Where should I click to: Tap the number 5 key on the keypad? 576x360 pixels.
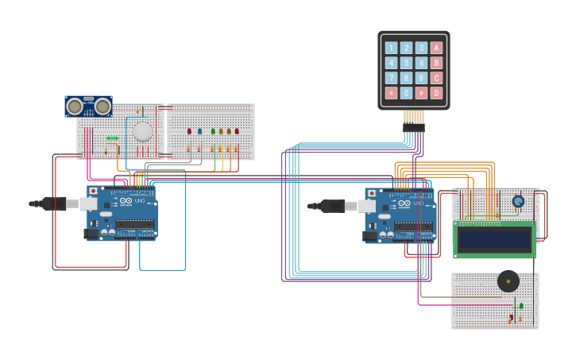(406, 63)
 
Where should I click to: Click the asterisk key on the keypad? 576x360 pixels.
(391, 93)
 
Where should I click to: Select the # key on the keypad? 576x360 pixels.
(421, 93)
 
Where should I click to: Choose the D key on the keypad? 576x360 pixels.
(436, 93)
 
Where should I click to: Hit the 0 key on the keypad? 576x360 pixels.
(406, 93)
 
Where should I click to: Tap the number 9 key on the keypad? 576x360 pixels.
(421, 78)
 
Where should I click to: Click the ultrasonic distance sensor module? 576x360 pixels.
(88, 106)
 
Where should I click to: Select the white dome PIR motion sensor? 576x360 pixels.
(142, 131)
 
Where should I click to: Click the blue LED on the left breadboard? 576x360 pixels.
(199, 131)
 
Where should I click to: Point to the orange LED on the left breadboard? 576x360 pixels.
(229, 131)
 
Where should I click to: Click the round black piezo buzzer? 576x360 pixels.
(508, 281)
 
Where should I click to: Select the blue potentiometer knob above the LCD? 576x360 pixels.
(518, 201)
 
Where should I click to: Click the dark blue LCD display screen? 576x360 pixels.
(494, 238)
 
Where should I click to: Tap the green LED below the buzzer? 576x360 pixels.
(521, 305)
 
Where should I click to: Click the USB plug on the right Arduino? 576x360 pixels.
(346, 207)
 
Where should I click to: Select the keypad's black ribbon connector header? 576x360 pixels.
(413, 127)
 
